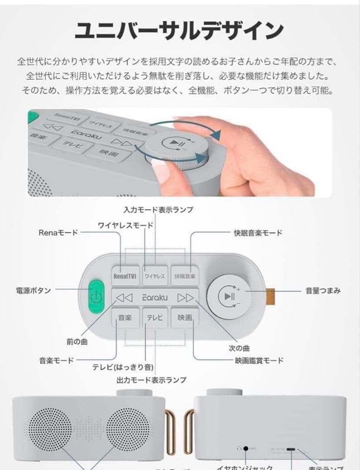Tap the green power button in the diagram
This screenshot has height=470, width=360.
click(97, 297)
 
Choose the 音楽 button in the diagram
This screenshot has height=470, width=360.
click(125, 318)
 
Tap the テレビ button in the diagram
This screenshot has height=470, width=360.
click(155, 318)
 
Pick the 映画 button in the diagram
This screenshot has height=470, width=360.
click(185, 318)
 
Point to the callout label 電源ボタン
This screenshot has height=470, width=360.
click(33, 290)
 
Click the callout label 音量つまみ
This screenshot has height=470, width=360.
click(323, 291)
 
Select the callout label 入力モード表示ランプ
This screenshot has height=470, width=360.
click(158, 210)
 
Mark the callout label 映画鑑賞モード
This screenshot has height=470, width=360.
click(259, 360)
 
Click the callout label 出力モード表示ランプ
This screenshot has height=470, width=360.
click(151, 380)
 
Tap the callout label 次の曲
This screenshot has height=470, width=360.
click(239, 348)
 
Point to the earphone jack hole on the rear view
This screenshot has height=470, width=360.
click(246, 448)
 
